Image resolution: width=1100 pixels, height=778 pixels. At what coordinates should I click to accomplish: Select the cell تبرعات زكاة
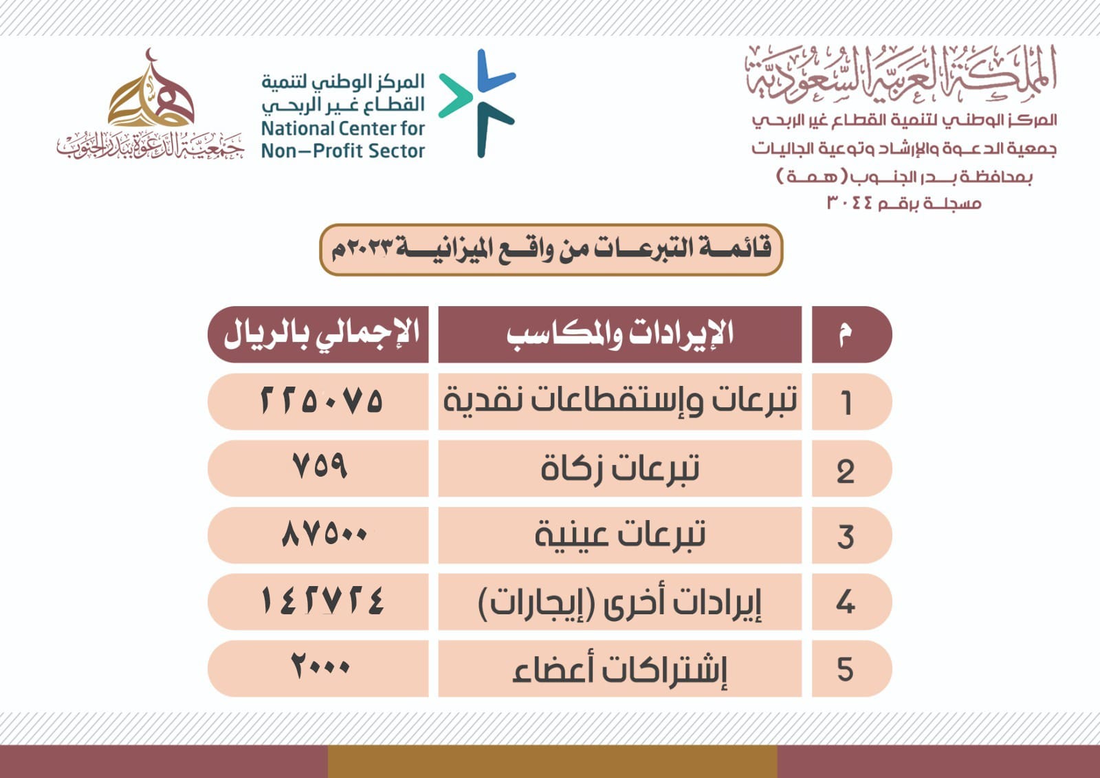[619, 468]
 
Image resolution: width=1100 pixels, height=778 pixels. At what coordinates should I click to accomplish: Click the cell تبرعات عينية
[619, 535]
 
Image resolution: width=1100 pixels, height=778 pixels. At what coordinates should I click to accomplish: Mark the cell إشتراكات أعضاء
[619, 669]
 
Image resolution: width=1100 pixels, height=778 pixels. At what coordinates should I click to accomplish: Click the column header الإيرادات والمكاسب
[619, 335]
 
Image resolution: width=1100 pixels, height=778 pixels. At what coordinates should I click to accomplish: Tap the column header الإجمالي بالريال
[318, 335]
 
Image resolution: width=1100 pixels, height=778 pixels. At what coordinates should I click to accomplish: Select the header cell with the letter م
[852, 335]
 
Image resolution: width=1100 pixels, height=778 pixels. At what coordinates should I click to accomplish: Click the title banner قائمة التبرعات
[551, 250]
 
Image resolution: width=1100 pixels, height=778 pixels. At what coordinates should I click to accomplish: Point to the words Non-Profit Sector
[343, 151]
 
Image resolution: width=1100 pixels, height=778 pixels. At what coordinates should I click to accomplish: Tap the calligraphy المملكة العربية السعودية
[901, 74]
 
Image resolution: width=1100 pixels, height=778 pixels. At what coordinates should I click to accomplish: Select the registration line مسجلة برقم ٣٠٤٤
[904, 203]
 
